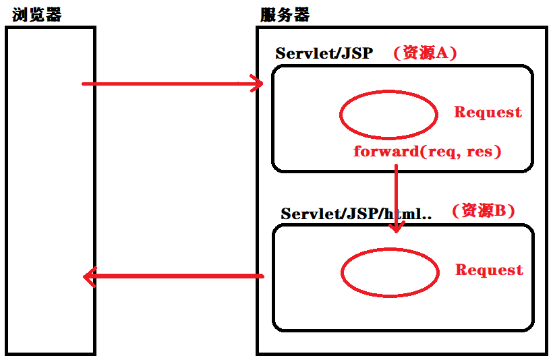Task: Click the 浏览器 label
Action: tap(36, 14)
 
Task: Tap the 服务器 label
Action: tap(285, 14)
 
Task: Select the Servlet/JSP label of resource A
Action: tap(324, 53)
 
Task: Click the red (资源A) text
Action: tap(426, 53)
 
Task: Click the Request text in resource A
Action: tap(488, 112)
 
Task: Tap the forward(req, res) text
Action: tap(427, 151)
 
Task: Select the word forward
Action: tap(386, 151)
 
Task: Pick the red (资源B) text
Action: tap(484, 210)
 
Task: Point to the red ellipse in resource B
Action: tap(390, 273)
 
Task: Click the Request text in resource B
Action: tap(489, 270)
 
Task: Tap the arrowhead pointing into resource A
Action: tap(257, 84)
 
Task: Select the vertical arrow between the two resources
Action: tap(396, 196)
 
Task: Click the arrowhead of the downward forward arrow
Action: tap(396, 228)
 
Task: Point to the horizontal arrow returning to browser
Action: tap(175, 276)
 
